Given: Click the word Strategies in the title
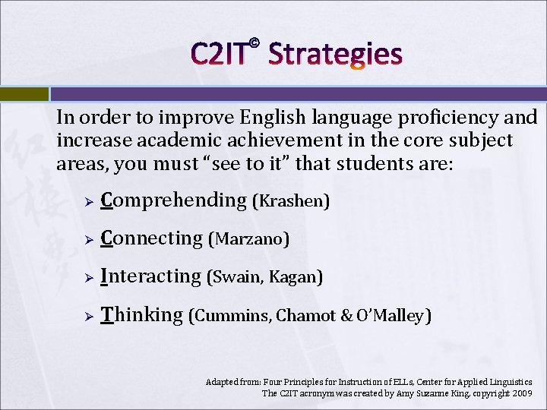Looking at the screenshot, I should click(335, 54).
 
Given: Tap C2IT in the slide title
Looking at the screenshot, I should click(219, 54).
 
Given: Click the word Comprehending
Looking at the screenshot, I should click(174, 200).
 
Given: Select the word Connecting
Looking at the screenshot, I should click(151, 238).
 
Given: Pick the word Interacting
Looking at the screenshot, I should click(150, 276).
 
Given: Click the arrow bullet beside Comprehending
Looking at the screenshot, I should click(88, 202).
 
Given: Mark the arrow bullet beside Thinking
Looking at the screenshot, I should click(88, 316).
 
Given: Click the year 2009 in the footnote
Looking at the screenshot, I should click(522, 393).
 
